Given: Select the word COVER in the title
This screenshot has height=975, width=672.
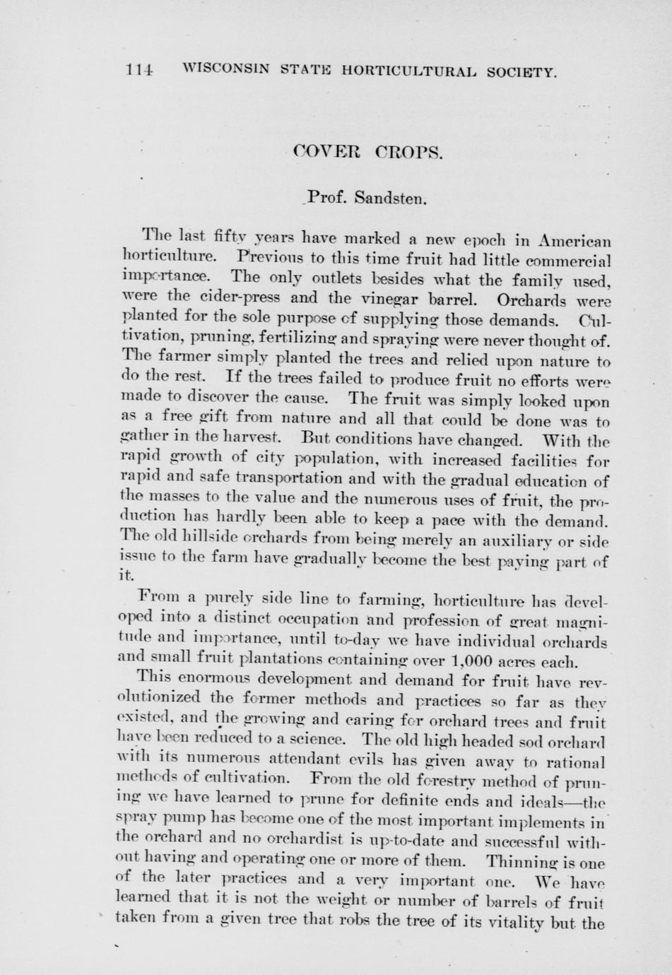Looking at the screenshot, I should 326,152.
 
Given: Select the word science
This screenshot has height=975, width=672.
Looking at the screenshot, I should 314,740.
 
